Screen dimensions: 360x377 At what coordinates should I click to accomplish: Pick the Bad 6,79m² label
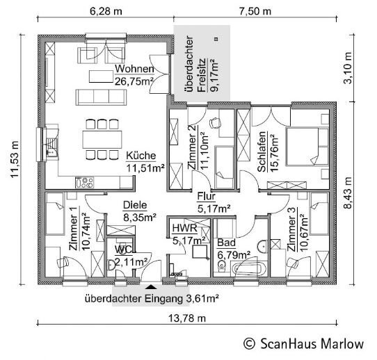click(230, 248)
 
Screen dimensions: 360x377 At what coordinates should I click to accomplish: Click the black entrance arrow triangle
click(151, 286)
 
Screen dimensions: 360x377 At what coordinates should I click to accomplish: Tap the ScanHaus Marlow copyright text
click(303, 343)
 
